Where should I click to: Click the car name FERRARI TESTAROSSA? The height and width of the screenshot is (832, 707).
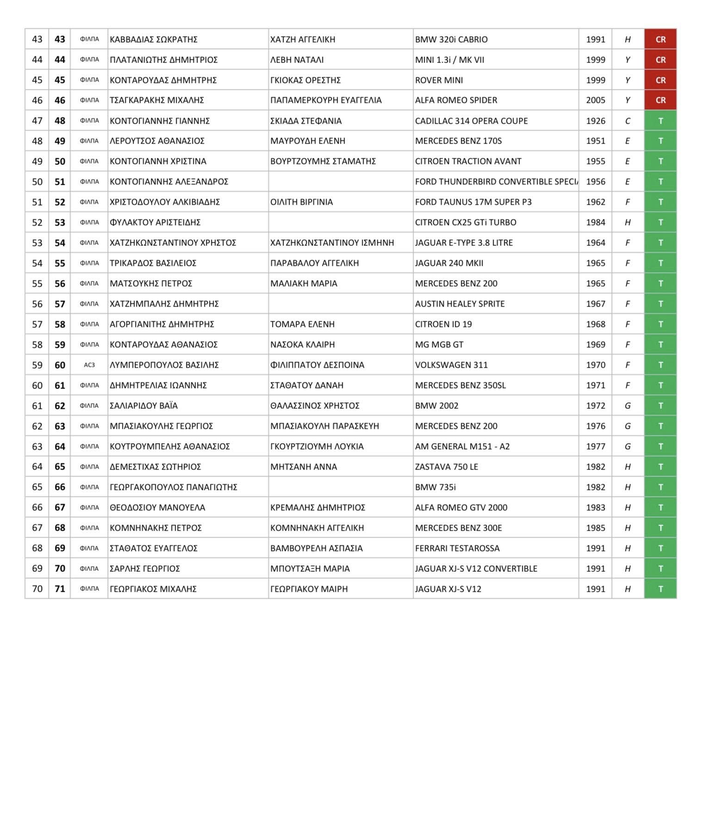click(x=457, y=548)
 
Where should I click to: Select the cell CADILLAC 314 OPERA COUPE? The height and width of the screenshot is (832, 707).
click(x=471, y=121)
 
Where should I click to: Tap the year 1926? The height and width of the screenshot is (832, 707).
click(x=595, y=121)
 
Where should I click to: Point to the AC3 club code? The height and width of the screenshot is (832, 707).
click(x=89, y=365)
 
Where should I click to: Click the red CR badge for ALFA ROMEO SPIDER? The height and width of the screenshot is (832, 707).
click(x=660, y=100)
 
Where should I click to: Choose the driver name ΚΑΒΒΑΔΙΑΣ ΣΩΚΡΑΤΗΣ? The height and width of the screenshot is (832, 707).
click(x=154, y=39)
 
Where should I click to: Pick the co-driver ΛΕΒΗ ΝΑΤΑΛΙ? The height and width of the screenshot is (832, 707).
click(x=297, y=60)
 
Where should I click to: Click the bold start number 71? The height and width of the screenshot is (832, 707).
click(x=60, y=589)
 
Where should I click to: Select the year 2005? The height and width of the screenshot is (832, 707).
click(x=595, y=100)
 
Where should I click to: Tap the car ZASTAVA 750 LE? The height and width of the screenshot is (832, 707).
click(x=447, y=467)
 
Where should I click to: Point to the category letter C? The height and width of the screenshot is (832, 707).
click(x=627, y=121)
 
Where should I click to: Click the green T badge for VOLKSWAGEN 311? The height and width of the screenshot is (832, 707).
click(x=660, y=365)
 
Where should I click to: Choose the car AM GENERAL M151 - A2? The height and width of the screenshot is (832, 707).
click(x=462, y=446)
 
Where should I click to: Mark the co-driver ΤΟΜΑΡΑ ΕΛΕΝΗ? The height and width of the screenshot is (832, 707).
click(x=302, y=324)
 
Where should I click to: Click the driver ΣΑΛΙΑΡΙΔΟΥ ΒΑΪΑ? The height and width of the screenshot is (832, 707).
click(x=143, y=406)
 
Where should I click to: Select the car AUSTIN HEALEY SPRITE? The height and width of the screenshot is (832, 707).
click(x=459, y=304)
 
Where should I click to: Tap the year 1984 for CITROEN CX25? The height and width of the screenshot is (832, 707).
click(x=595, y=222)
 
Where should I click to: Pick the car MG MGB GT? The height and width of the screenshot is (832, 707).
click(x=439, y=344)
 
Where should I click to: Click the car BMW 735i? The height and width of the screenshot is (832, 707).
click(x=435, y=487)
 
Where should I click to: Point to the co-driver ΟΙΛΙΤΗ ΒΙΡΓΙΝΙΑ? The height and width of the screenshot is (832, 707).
click(x=301, y=202)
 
